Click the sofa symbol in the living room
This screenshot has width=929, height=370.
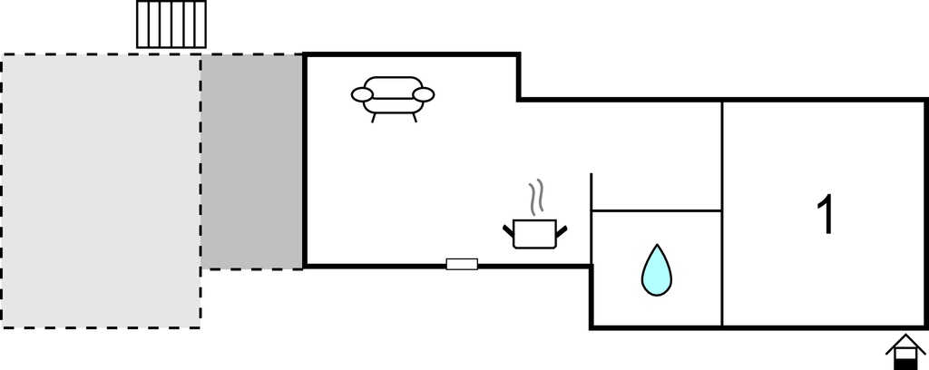pyautogui.click(x=393, y=95)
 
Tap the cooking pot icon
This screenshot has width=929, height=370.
pyautogui.click(x=534, y=233)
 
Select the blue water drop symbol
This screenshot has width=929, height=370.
pyautogui.click(x=657, y=270)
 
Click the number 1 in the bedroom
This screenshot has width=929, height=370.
pyautogui.click(x=826, y=216)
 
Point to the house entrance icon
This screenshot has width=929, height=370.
pyautogui.click(x=905, y=352)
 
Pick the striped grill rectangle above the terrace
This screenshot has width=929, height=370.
pyautogui.click(x=171, y=24)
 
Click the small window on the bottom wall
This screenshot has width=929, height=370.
pyautogui.click(x=462, y=264)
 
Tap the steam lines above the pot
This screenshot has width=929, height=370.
pyautogui.click(x=536, y=196)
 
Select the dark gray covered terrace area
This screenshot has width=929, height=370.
pyautogui.click(x=251, y=161)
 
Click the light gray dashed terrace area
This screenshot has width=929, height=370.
pyautogui.click(x=100, y=190)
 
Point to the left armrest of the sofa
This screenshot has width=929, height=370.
pyautogui.click(x=362, y=94)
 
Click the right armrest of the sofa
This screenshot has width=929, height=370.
pyautogui.click(x=424, y=94)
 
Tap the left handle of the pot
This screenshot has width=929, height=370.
pyautogui.click(x=508, y=228)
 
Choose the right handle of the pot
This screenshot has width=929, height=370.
pyautogui.click(x=562, y=228)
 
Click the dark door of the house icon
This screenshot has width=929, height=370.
pyautogui.click(x=905, y=362)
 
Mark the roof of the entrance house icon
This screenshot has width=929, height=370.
pyautogui.click(x=905, y=343)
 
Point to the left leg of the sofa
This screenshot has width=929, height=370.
pyautogui.click(x=373, y=117)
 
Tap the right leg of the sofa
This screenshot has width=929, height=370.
pyautogui.click(x=414, y=117)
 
